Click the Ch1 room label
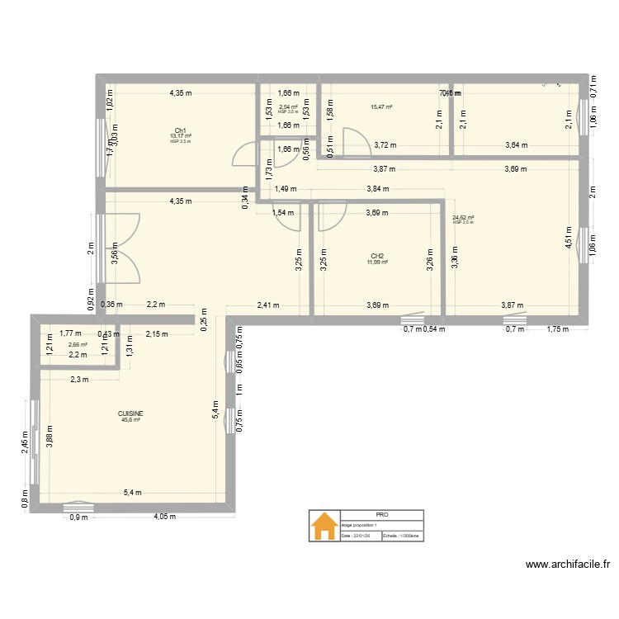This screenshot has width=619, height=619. (180, 130)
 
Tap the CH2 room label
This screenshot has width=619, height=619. (376, 256)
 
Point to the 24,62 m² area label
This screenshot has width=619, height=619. (463, 218)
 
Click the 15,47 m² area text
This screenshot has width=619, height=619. (381, 106)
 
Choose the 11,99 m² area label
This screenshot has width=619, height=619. (377, 262)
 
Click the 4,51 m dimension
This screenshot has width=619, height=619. (568, 237)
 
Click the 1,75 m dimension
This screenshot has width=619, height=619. (559, 329)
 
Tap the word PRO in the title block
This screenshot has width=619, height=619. (380, 514)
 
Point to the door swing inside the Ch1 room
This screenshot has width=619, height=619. (243, 154)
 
